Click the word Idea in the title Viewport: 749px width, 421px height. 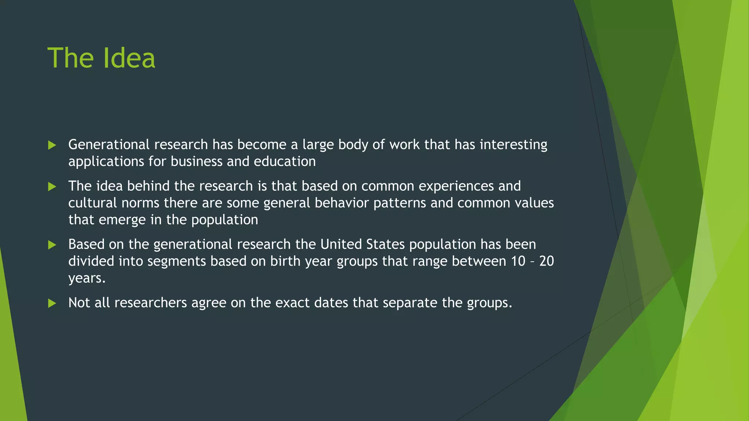tap(129, 58)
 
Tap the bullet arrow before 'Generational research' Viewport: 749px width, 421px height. tap(52, 145)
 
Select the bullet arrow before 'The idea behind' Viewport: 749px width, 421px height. tap(52, 187)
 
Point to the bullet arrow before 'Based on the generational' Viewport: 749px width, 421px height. tap(52, 245)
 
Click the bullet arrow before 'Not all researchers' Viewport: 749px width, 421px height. tap(52, 303)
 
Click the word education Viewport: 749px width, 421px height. tap(285, 162)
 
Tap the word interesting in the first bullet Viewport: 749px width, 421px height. tap(513, 145)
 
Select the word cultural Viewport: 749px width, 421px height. tap(93, 203)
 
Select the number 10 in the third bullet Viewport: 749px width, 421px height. tap(518, 261)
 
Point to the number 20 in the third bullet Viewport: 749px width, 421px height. tap(546, 261)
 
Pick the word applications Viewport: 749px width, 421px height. tap(106, 162)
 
